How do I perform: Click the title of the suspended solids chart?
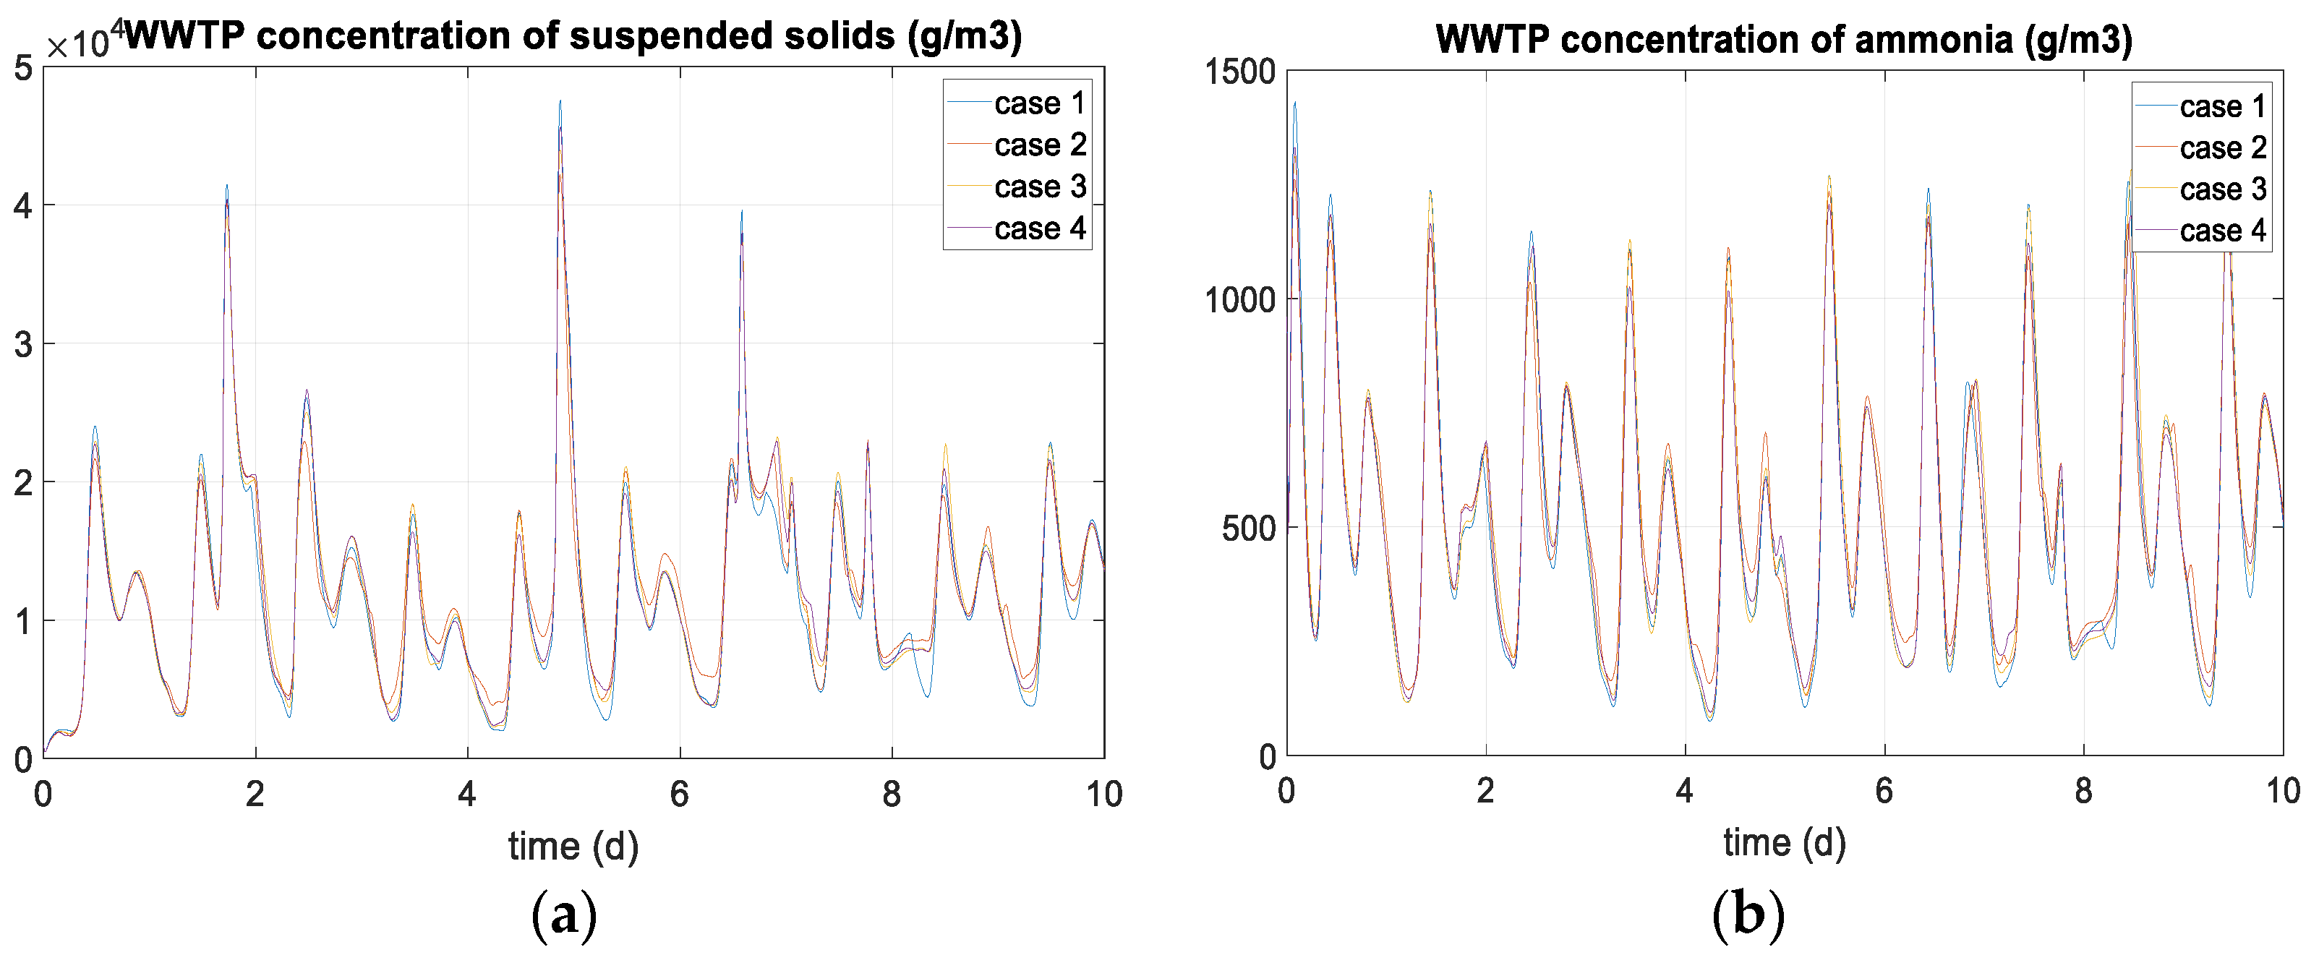pos(573,36)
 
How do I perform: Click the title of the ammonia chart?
pos(1783,40)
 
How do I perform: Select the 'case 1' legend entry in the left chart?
pos(1039,103)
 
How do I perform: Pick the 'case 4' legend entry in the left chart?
pos(1039,228)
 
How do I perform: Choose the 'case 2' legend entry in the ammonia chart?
pos(2222,147)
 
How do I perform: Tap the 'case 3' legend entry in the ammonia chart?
pos(2222,189)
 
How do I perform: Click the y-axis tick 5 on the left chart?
pos(23,69)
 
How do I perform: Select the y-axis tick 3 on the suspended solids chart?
pos(23,344)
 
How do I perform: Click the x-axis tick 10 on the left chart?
pos(1103,794)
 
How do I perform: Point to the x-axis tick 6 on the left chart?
pos(680,794)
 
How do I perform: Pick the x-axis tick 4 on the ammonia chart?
pos(1684,791)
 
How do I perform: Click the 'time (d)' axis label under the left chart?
pos(573,846)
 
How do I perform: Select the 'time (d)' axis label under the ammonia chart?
pos(1784,842)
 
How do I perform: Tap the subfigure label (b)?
pos(1747,916)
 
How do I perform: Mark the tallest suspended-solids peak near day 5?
pos(560,102)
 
